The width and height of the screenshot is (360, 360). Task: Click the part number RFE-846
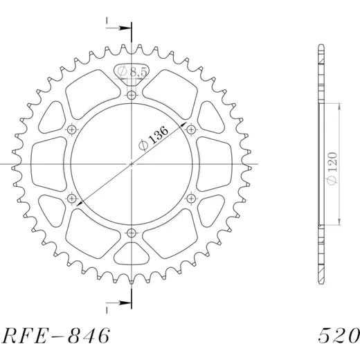[x=56, y=336]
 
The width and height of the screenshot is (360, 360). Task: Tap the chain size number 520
[x=339, y=336]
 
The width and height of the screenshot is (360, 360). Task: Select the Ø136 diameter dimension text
[x=154, y=138]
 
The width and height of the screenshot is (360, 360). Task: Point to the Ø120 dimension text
[x=333, y=168]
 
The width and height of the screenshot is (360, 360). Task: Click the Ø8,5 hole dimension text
[x=132, y=71]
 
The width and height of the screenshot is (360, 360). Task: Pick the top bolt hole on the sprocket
[x=132, y=95]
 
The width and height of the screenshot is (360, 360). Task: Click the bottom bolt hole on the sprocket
[x=132, y=233]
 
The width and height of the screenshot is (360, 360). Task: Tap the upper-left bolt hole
[x=72, y=129]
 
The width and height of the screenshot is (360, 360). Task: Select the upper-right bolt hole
[x=191, y=129]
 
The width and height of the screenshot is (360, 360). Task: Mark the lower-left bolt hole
[x=72, y=198]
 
